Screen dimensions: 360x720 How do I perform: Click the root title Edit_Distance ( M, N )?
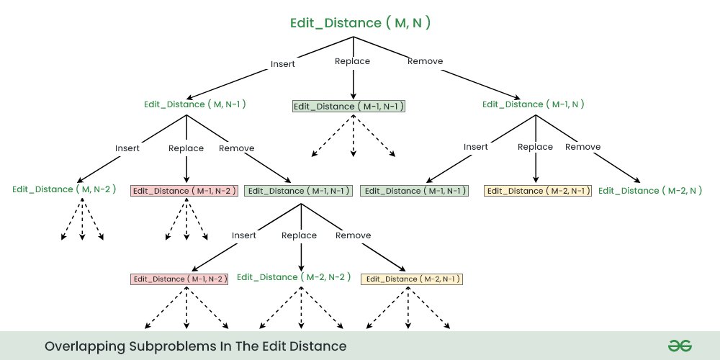click(360, 22)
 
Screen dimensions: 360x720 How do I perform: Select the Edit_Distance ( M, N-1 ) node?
click(195, 104)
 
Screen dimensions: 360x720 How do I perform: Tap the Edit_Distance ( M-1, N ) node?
click(533, 104)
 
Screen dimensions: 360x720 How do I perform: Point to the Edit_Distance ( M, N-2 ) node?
click(63, 189)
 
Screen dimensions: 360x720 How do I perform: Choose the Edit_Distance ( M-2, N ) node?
click(650, 191)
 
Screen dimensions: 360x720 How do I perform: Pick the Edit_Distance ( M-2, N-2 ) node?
click(294, 277)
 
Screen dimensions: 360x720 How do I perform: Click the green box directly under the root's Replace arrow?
click(349, 106)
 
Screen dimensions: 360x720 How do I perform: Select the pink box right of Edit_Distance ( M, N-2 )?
click(184, 191)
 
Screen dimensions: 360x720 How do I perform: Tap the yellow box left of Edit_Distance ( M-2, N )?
click(538, 191)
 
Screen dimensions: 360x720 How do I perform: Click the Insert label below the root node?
click(283, 63)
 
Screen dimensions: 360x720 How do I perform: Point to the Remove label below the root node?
click(425, 61)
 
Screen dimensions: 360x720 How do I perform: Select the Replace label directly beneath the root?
click(353, 61)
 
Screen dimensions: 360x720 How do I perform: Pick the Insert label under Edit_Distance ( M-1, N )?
click(475, 147)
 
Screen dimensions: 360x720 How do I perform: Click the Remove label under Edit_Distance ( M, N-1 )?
click(236, 148)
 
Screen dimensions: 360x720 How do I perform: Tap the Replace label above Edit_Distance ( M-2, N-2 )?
click(299, 235)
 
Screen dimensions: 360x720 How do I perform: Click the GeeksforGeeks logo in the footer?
click(679, 346)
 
